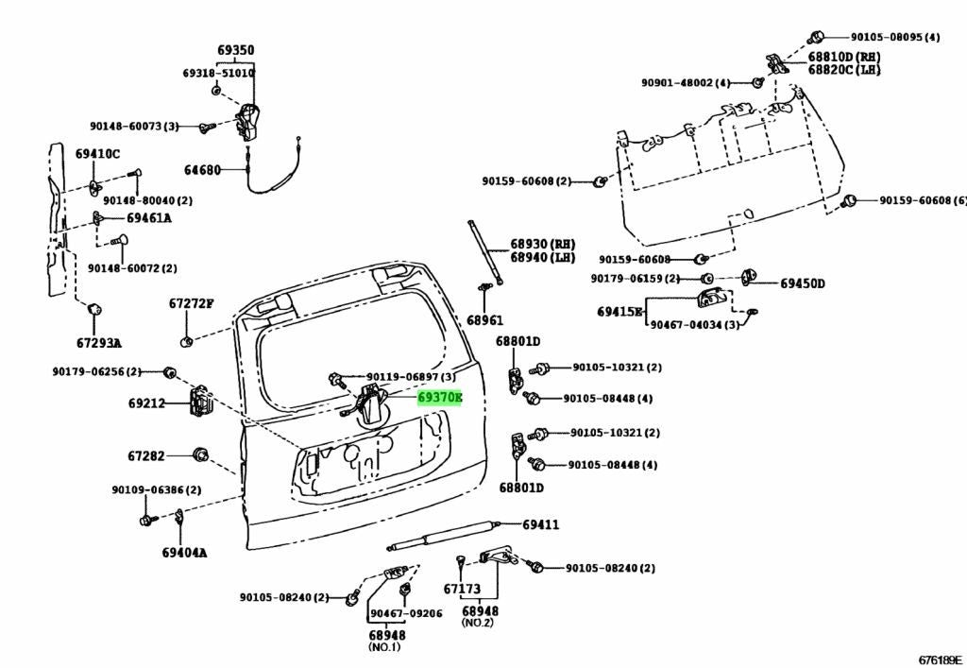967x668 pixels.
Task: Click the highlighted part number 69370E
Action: click(x=440, y=398)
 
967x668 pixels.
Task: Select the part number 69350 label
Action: click(x=235, y=51)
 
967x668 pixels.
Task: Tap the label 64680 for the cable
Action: click(x=202, y=170)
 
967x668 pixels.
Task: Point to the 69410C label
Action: click(x=98, y=154)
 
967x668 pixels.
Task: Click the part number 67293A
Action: click(x=99, y=343)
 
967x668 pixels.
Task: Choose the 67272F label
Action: click(x=191, y=303)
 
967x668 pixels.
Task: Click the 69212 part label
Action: click(x=146, y=403)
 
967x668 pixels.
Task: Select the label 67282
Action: click(x=146, y=456)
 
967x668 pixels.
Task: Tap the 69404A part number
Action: click(x=184, y=553)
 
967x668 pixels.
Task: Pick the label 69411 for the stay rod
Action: click(x=541, y=525)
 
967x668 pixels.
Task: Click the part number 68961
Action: click(x=484, y=320)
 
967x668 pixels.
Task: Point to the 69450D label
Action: click(x=803, y=283)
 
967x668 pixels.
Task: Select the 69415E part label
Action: click(x=619, y=312)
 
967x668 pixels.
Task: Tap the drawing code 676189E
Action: click(x=940, y=660)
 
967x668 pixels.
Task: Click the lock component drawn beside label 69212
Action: click(x=200, y=402)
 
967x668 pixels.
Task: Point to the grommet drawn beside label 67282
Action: click(x=200, y=455)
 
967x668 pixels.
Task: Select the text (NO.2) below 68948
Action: click(x=478, y=623)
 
